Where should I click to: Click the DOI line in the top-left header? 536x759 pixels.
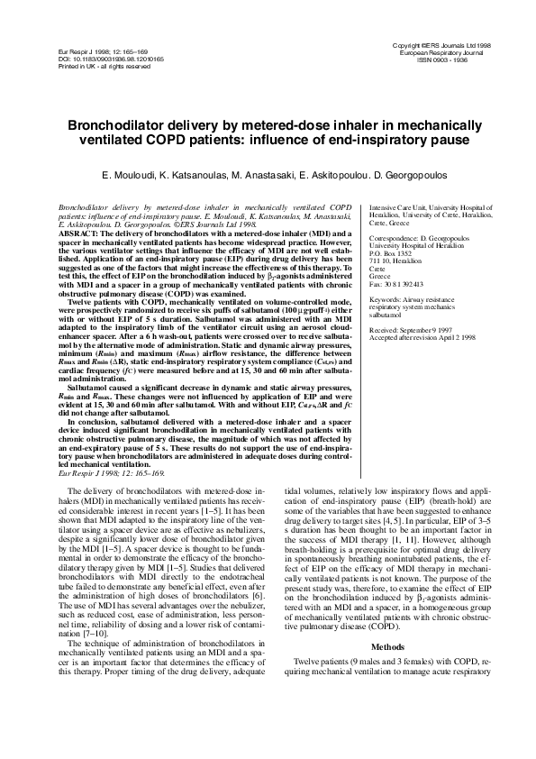tap(92, 59)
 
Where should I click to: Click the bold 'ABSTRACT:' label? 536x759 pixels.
tap(77, 233)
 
